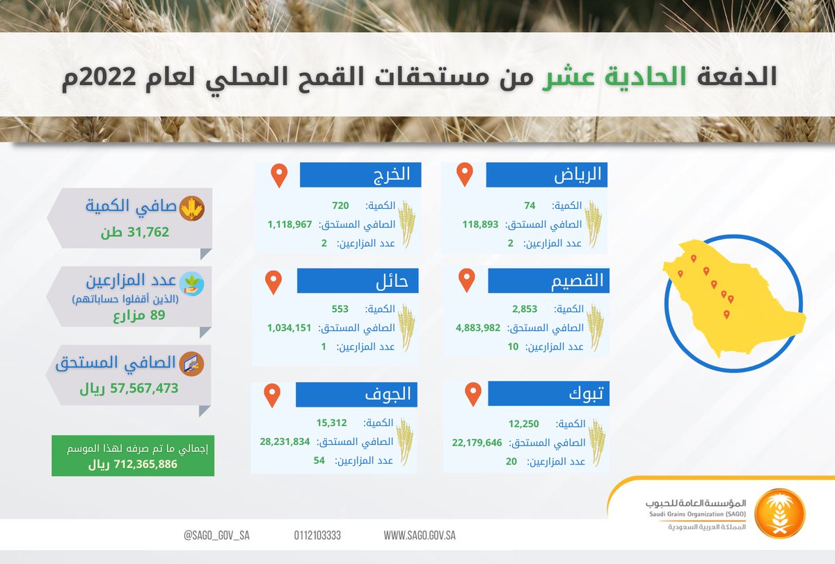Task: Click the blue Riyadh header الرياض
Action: pyautogui.click(x=546, y=175)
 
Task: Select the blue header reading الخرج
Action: pyautogui.click(x=360, y=175)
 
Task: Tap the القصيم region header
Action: pyautogui.click(x=549, y=281)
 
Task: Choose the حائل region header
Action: pyautogui.click(x=358, y=281)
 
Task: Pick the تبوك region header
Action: pyautogui.click(x=549, y=393)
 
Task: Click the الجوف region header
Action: pyautogui.click(x=356, y=394)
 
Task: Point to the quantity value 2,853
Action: pyautogui.click(x=525, y=309)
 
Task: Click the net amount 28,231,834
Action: pyautogui.click(x=285, y=441)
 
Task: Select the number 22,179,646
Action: pyautogui.click(x=477, y=443)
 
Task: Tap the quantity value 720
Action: pyautogui.click(x=340, y=205)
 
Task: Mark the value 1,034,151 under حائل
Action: pyautogui.click(x=289, y=328)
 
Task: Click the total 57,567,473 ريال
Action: pyautogui.click(x=129, y=389)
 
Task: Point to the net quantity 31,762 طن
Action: pyautogui.click(x=135, y=232)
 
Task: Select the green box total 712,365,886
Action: pyautogui.click(x=133, y=464)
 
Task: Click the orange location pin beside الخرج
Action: pyautogui.click(x=279, y=175)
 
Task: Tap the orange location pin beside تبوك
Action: pyautogui.click(x=473, y=394)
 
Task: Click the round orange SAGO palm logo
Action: pyautogui.click(x=780, y=514)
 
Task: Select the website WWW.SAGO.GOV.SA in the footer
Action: pyautogui.click(x=420, y=535)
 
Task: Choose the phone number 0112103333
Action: pyautogui.click(x=317, y=535)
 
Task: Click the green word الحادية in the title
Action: pyautogui.click(x=645, y=77)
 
